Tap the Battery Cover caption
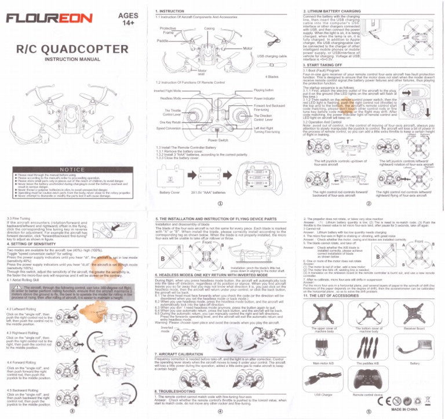pyautogui.click(x=167, y=192)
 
